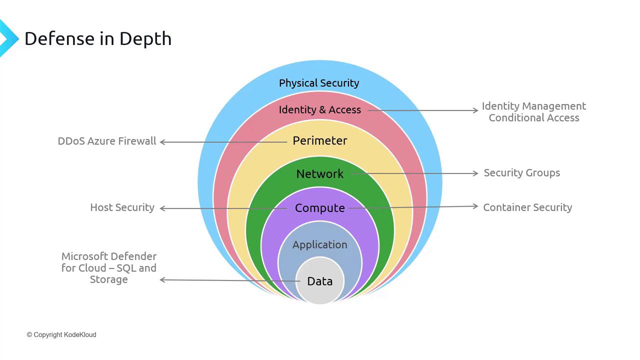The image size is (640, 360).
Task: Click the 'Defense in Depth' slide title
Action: (x=98, y=38)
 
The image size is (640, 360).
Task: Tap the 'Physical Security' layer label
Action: (x=319, y=83)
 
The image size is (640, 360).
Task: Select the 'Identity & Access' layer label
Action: (x=319, y=109)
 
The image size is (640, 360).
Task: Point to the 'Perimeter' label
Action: (x=319, y=140)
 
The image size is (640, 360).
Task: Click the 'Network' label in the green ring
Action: (x=319, y=173)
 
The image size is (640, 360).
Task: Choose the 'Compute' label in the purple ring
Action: (x=319, y=208)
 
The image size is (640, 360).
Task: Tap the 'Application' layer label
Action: (x=319, y=245)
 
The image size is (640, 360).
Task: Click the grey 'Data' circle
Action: (x=319, y=280)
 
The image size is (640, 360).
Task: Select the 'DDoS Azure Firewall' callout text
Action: (x=107, y=141)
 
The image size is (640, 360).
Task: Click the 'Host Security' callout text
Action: (x=122, y=207)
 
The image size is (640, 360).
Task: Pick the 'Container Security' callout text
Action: (x=527, y=207)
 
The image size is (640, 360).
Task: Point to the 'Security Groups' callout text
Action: (x=521, y=173)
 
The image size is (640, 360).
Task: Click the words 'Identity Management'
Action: (x=533, y=106)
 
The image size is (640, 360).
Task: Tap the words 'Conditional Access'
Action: (x=533, y=117)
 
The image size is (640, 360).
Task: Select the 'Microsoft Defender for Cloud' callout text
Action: (x=109, y=262)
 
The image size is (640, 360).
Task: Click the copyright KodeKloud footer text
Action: (x=61, y=334)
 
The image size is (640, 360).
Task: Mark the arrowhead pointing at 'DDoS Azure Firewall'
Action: (x=162, y=142)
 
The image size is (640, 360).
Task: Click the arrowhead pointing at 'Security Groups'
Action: (x=475, y=173)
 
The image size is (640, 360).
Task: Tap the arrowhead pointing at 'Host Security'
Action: (x=162, y=208)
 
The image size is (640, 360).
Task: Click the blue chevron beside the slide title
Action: (x=8, y=38)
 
